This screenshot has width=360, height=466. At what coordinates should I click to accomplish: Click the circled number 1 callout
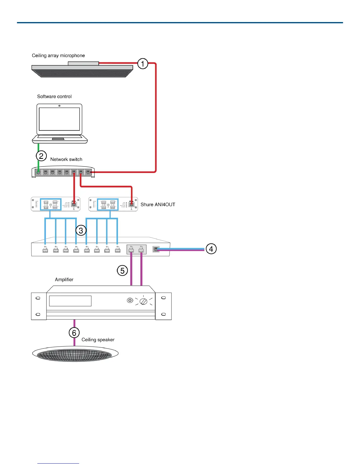[x=143, y=64]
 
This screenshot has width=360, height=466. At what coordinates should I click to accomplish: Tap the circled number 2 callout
[x=41, y=156]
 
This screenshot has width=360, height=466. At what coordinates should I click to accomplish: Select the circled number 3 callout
[x=81, y=230]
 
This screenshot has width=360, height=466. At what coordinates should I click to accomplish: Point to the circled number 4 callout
[x=211, y=249]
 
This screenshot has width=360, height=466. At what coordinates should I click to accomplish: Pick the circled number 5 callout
[x=122, y=270]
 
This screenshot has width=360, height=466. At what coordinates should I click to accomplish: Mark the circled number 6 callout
[x=74, y=333]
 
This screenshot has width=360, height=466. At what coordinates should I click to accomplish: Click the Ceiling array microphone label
[x=58, y=56]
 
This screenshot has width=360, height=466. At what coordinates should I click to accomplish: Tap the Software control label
[x=54, y=96]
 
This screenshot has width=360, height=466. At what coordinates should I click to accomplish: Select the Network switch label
[x=66, y=159]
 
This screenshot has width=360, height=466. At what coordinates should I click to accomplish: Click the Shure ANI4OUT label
[x=158, y=204]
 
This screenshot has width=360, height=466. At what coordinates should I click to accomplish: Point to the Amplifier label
[x=64, y=279]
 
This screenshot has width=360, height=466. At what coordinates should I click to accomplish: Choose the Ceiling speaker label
[x=98, y=339]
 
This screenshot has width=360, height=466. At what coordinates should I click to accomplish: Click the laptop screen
[x=59, y=119]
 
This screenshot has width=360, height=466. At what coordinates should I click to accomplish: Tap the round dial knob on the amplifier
[x=144, y=301]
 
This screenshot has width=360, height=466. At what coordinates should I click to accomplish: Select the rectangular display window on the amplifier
[x=70, y=301]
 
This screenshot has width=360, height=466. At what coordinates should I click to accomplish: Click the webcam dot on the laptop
[x=59, y=106]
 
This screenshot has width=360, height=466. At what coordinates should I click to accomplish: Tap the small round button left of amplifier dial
[x=130, y=300]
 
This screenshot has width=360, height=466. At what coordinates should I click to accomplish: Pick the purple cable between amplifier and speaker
[x=74, y=324]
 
